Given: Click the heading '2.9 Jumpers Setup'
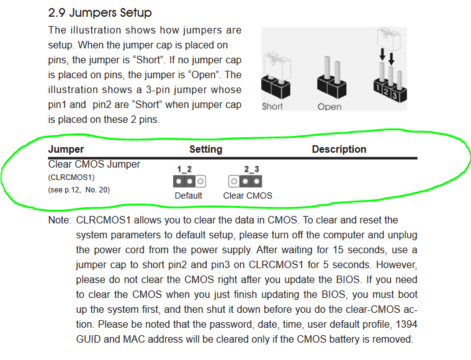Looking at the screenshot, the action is coord(100,13).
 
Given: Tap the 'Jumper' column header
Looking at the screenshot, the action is coord(66,150).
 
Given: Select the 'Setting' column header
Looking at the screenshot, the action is coord(206,150).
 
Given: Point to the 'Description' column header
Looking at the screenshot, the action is coord(339,150).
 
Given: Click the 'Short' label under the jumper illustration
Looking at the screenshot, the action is coord(272,106).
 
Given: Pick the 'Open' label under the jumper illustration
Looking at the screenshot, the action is coord(330,107).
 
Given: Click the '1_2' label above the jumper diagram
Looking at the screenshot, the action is coord(184,169).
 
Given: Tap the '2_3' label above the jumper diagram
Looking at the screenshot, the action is coord(251,169).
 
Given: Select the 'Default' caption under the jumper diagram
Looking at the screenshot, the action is coord(189,196).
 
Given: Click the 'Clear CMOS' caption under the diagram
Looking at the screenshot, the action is coord(248,196).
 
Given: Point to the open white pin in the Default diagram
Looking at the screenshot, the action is coord(200,181).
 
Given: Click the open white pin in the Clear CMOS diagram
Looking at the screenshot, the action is coord(234,181).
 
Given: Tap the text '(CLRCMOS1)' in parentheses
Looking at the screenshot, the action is coord(71,178).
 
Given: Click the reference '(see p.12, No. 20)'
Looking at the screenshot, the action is coord(79,190).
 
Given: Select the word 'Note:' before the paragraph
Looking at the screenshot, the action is coord(60,220).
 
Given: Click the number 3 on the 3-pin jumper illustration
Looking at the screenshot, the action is coord(395,96).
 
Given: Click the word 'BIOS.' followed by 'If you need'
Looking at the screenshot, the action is coord(348,279).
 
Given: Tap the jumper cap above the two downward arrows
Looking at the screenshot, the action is coord(388,38).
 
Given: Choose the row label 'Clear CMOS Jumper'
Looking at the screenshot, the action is coord(94,164).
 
